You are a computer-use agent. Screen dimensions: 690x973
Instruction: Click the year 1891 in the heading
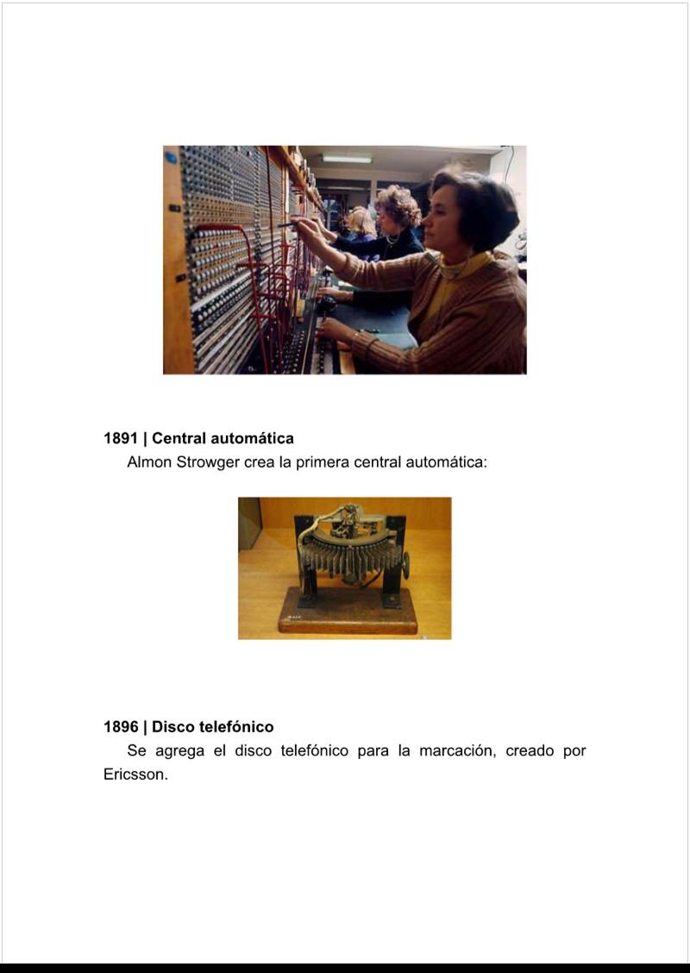coord(121,439)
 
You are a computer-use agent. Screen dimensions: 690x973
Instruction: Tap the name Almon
coord(149,462)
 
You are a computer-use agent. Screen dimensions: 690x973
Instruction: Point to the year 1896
coord(121,726)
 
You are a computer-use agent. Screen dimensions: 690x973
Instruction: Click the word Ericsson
coord(136,775)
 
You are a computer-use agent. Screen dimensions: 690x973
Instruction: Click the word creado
coord(530,750)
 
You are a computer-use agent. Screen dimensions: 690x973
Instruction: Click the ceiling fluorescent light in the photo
coord(347,159)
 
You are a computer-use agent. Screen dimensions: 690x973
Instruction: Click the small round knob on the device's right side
coord(406,565)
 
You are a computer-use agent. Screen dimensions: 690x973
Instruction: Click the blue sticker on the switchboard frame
coord(171,158)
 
